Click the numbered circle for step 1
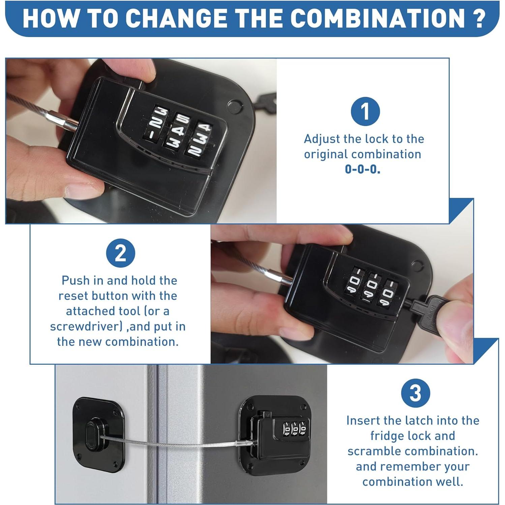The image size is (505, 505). [x=365, y=111]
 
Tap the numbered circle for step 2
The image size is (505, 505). [x=120, y=253]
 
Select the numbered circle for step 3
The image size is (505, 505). [x=415, y=393]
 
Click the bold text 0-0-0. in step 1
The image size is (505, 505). [x=362, y=169]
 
